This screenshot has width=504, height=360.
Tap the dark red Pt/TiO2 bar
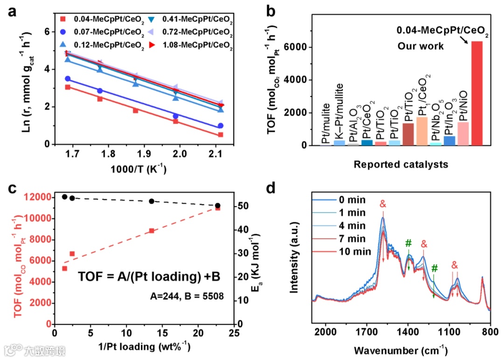point(408,134)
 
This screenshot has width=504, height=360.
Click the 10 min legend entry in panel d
point(357,252)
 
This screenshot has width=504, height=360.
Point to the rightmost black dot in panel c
point(217,206)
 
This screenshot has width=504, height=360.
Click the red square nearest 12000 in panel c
point(217,208)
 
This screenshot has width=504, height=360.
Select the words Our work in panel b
point(420,47)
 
